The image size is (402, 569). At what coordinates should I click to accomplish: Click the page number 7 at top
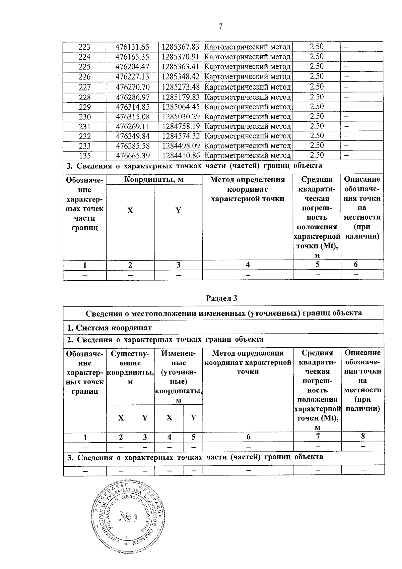coord(220,26)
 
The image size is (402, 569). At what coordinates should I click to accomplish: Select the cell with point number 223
coord(84,47)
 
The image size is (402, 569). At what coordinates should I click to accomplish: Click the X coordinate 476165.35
coord(132,57)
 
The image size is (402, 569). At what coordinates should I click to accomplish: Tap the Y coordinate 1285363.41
coord(181,66)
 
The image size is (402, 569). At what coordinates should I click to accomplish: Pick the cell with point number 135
coord(84,156)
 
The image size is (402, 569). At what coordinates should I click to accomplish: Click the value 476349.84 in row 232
coord(132,136)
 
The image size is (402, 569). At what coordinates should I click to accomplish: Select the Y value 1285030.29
coord(181,117)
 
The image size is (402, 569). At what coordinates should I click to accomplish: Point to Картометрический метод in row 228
coord(247,97)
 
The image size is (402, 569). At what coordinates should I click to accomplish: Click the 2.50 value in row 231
coord(317,126)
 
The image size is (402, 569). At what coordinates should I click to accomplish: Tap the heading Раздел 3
coord(221,298)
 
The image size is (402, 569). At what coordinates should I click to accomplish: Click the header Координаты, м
coord(154,180)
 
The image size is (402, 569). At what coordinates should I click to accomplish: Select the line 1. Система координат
coord(110,328)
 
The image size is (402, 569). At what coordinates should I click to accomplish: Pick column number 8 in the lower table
coord(362,436)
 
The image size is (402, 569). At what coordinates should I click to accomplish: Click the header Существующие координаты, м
coord(130,367)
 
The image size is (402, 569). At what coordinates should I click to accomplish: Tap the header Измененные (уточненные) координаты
coord(178,377)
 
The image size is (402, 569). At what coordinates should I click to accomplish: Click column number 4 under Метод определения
coord(248,265)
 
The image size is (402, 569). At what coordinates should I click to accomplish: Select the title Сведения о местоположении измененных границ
coord(223,313)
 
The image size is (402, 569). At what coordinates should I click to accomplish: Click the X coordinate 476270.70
coord(132,88)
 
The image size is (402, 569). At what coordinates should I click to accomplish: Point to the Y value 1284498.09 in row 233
coord(181,146)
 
